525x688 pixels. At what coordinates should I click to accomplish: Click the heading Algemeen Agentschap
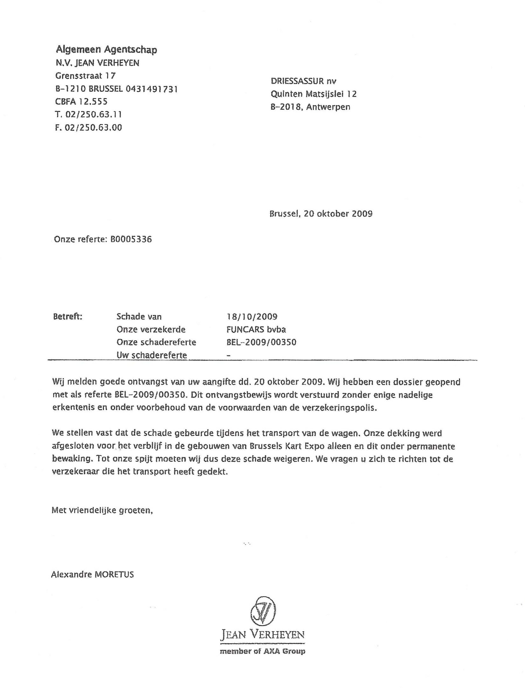[x=106, y=50]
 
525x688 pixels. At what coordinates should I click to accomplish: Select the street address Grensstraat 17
[x=86, y=76]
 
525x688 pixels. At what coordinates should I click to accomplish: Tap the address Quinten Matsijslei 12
[x=314, y=94]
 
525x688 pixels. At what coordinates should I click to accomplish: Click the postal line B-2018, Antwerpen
[x=310, y=107]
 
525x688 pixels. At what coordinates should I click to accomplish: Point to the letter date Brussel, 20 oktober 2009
[x=321, y=213]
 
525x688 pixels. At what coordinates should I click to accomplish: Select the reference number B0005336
[x=131, y=239]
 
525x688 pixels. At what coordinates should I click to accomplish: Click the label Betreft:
[x=68, y=316]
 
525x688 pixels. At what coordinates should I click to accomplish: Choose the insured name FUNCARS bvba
[x=254, y=329]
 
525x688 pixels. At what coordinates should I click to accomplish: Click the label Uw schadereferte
[x=152, y=355]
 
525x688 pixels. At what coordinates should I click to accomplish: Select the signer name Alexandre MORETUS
[x=92, y=574]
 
